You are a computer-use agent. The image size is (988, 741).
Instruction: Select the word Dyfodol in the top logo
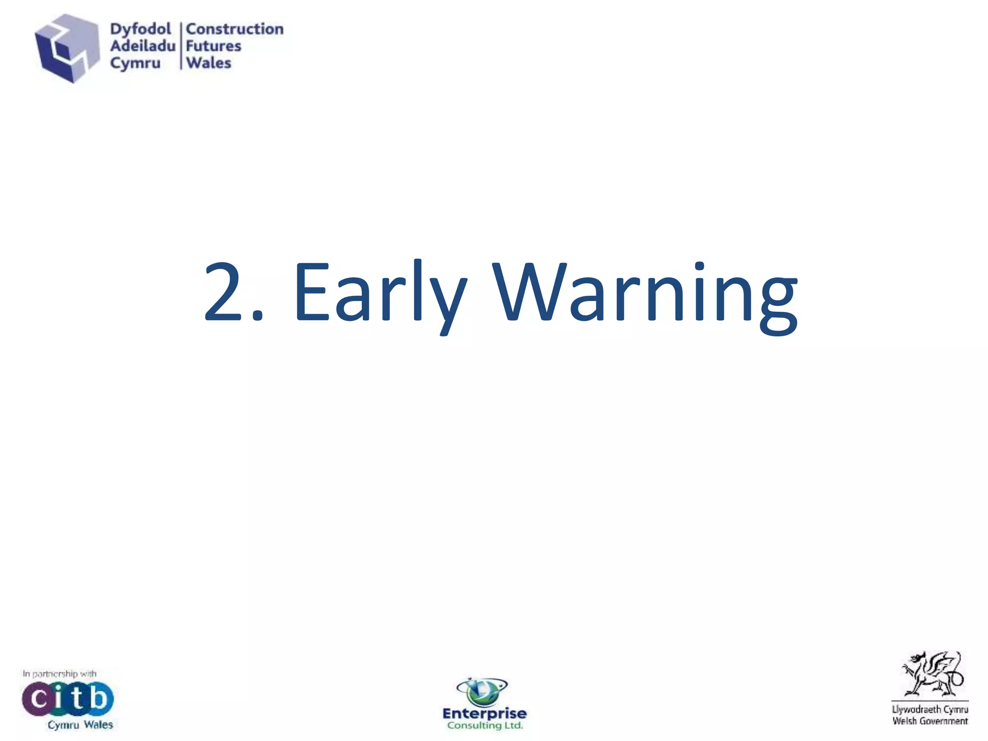coord(140,29)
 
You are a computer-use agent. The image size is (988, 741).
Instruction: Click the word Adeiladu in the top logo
coord(143,46)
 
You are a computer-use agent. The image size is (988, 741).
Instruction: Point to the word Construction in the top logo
coord(235,29)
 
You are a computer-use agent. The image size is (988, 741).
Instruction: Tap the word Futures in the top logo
coord(213,46)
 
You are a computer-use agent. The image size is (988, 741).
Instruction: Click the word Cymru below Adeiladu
coord(135,63)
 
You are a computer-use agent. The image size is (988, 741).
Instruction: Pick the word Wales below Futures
coord(209,63)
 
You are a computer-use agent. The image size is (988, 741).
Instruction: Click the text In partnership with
coord(59,673)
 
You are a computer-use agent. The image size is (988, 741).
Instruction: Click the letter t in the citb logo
coord(79,698)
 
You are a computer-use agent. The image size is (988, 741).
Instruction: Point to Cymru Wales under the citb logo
coord(80,725)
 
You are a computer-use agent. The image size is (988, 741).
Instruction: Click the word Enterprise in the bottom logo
coord(484,714)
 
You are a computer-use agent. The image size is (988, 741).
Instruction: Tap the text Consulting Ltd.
coord(485,726)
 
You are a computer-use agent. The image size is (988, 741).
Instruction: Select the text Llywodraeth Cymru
coord(930,710)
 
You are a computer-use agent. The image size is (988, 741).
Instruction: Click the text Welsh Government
coord(930,721)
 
